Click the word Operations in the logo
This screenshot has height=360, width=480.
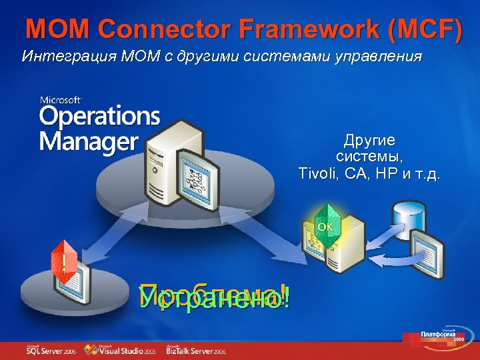click(99, 117)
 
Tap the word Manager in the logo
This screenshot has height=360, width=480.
click(88, 142)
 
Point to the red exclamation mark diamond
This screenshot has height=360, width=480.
click(63, 258)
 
